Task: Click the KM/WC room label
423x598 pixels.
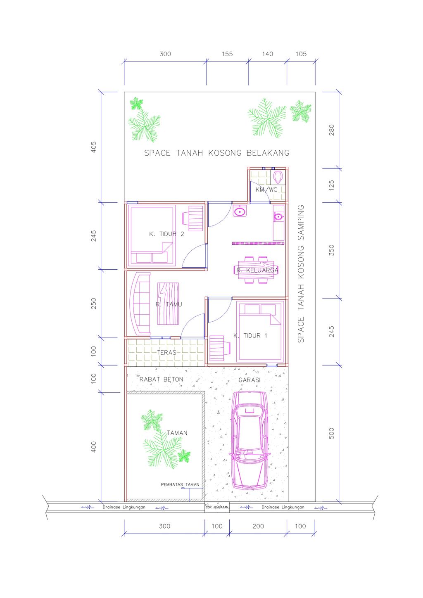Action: pyautogui.click(x=266, y=190)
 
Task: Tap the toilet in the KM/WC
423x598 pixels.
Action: pyautogui.click(x=278, y=177)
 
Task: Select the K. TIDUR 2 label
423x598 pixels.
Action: pyautogui.click(x=166, y=234)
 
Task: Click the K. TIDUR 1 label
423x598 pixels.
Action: pyautogui.click(x=250, y=336)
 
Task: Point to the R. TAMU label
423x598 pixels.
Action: pyautogui.click(x=169, y=304)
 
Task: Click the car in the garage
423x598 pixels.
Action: pyautogui.click(x=250, y=440)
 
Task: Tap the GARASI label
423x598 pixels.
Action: pyautogui.click(x=250, y=380)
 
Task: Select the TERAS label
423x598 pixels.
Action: pyautogui.click(x=166, y=352)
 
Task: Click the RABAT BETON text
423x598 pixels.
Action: pyautogui.click(x=161, y=379)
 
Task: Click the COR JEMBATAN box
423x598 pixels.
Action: pyautogui.click(x=217, y=507)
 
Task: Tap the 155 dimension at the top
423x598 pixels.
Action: pyautogui.click(x=227, y=54)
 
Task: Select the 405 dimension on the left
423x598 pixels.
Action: pyautogui.click(x=94, y=147)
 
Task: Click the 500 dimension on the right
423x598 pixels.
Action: pyautogui.click(x=331, y=433)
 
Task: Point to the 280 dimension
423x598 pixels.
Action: pyautogui.click(x=331, y=130)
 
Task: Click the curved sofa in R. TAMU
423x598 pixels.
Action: pyautogui.click(x=140, y=304)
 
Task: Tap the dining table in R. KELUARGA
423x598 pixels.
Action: pyautogui.click(x=255, y=270)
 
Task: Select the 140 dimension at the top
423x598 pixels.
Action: pyautogui.click(x=268, y=54)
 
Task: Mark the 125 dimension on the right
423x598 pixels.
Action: pyautogui.click(x=331, y=185)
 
